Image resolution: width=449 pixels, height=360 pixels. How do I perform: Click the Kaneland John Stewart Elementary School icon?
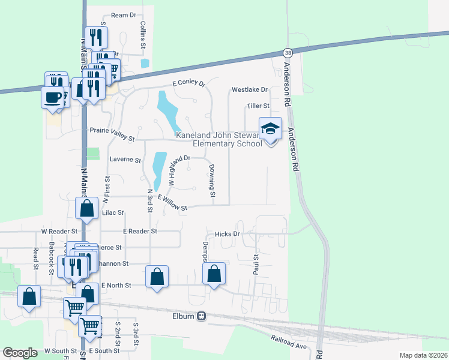click(270, 128)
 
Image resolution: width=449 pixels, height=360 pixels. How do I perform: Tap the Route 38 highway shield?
click(288, 53)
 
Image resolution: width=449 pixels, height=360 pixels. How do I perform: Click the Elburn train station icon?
click(202, 316)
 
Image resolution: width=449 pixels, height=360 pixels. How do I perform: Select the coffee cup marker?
click(52, 96)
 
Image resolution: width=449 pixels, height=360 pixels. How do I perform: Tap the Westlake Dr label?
click(249, 90)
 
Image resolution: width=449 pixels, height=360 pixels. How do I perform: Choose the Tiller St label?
click(258, 106)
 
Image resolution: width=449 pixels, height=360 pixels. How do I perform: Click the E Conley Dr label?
click(188, 84)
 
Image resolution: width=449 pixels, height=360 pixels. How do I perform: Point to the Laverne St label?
click(125, 160)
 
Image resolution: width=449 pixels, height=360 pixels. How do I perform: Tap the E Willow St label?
click(172, 202)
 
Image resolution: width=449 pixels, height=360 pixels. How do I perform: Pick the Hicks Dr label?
click(228, 233)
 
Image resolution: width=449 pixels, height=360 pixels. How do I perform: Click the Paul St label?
click(256, 265)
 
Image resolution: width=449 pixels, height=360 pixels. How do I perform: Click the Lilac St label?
click(113, 213)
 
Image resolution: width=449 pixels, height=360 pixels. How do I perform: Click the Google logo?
click(20, 353)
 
